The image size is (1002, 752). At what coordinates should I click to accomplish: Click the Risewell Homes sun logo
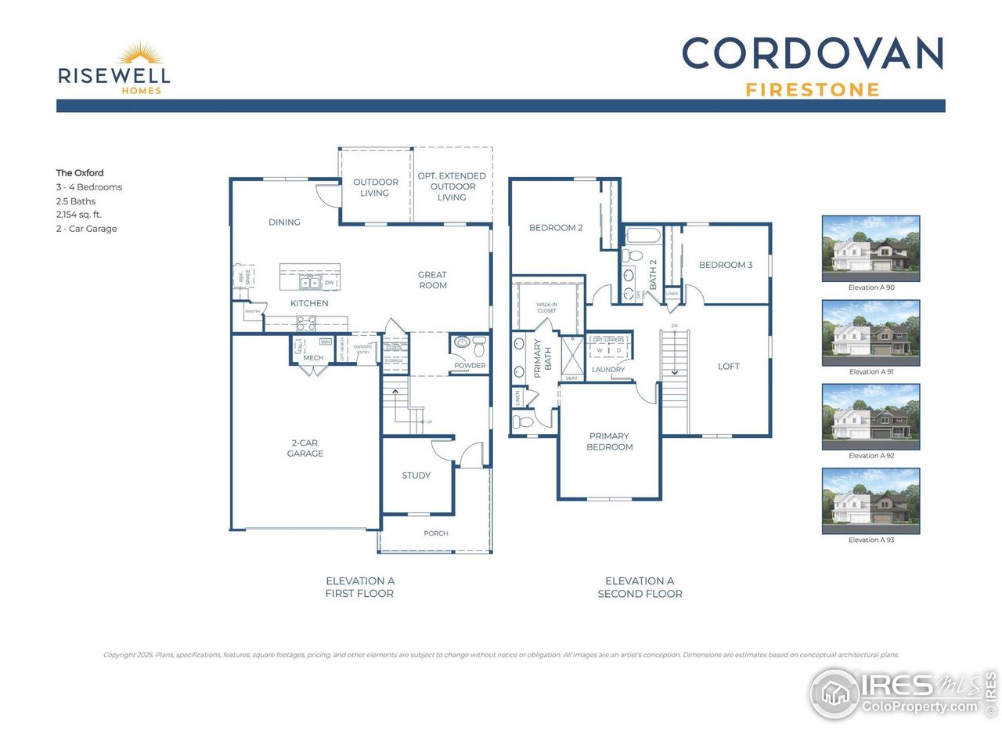tap(141, 54)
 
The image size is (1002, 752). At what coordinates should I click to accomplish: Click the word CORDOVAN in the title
tap(813, 54)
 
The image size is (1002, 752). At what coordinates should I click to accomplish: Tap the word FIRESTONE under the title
tap(813, 90)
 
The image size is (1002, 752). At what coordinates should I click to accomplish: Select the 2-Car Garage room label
tap(305, 448)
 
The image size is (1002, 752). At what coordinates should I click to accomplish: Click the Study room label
tap(416, 475)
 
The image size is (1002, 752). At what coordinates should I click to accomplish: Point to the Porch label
tap(436, 533)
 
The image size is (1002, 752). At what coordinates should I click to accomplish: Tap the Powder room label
tap(470, 366)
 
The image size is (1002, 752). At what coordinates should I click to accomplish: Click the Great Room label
tap(432, 280)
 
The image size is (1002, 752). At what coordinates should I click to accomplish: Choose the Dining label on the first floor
tap(284, 222)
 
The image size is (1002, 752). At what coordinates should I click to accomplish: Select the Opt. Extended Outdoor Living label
tap(452, 186)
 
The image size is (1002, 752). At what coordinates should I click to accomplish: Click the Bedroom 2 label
tap(556, 228)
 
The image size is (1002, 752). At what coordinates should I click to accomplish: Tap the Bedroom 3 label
tap(726, 265)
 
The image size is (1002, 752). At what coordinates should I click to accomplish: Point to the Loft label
tap(729, 367)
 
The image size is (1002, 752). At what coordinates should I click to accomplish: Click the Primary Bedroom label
tap(610, 442)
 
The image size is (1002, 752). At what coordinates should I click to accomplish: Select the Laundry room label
tap(608, 370)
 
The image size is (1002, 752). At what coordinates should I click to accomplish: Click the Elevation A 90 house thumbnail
tap(870, 248)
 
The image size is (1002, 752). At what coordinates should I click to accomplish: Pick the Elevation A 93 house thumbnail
tap(870, 501)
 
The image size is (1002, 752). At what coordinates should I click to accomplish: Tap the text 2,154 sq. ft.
tap(78, 215)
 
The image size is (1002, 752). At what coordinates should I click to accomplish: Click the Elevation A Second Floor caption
tap(640, 587)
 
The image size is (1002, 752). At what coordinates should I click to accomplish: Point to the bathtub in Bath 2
tap(643, 235)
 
